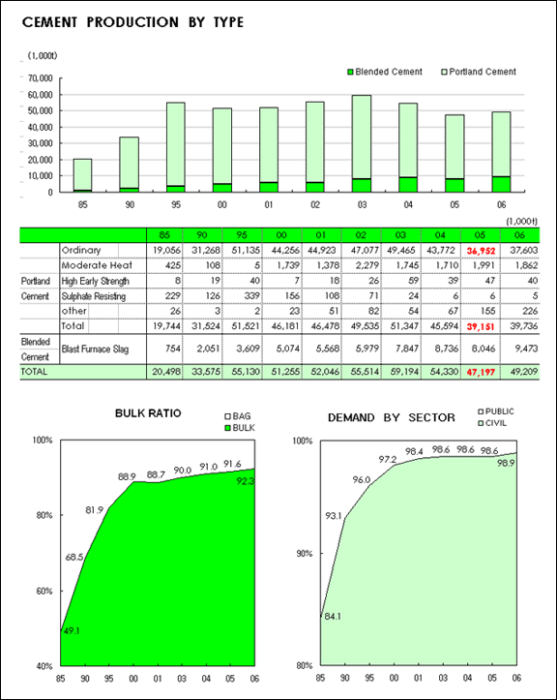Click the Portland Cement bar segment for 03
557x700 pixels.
(x=362, y=137)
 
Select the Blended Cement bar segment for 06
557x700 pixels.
(x=501, y=184)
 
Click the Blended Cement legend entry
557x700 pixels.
(x=385, y=72)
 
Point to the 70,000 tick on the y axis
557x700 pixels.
(x=41, y=78)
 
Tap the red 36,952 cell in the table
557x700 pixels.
(x=481, y=251)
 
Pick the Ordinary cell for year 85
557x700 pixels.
(x=166, y=251)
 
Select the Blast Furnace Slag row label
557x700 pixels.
(x=95, y=349)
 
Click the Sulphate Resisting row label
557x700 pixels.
(x=94, y=296)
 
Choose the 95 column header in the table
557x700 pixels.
(x=241, y=235)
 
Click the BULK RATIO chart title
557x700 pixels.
(x=148, y=413)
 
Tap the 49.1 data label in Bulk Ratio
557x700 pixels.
(x=72, y=631)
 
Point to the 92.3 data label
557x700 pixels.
(x=245, y=481)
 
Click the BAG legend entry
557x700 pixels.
(x=237, y=416)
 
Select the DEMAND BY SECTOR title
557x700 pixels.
(x=392, y=418)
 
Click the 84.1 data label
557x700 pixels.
(x=333, y=617)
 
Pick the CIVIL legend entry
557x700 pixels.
(x=492, y=423)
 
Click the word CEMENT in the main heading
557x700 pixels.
(x=49, y=22)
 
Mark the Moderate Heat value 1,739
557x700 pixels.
(x=281, y=265)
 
